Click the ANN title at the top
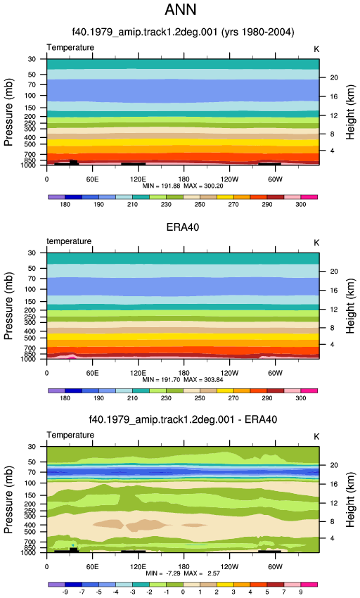pyautogui.click(x=181, y=10)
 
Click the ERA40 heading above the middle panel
pyautogui.click(x=183, y=227)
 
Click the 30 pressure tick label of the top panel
pyautogui.click(x=32, y=59)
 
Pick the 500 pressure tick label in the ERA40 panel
pyautogui.click(x=30, y=338)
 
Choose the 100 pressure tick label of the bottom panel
pyautogui.click(x=30, y=483)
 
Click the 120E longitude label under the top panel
pyautogui.click(x=138, y=179)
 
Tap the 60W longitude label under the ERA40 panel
pyautogui.click(x=275, y=373)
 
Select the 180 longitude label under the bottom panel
pyautogui.click(x=184, y=567)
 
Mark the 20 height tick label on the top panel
pyautogui.click(x=334, y=78)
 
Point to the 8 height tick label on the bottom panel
pyautogui.click(x=332, y=522)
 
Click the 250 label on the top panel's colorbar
pyautogui.click(x=200, y=205)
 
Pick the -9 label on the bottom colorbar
pyautogui.click(x=65, y=592)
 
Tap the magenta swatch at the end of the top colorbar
pyautogui.click(x=309, y=197)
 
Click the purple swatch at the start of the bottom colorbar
pyautogui.click(x=56, y=584)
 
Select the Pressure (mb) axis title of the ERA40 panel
pyautogui.click(x=8, y=306)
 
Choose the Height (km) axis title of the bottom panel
pyautogui.click(x=350, y=500)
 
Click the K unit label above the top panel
pyautogui.click(x=316, y=49)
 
